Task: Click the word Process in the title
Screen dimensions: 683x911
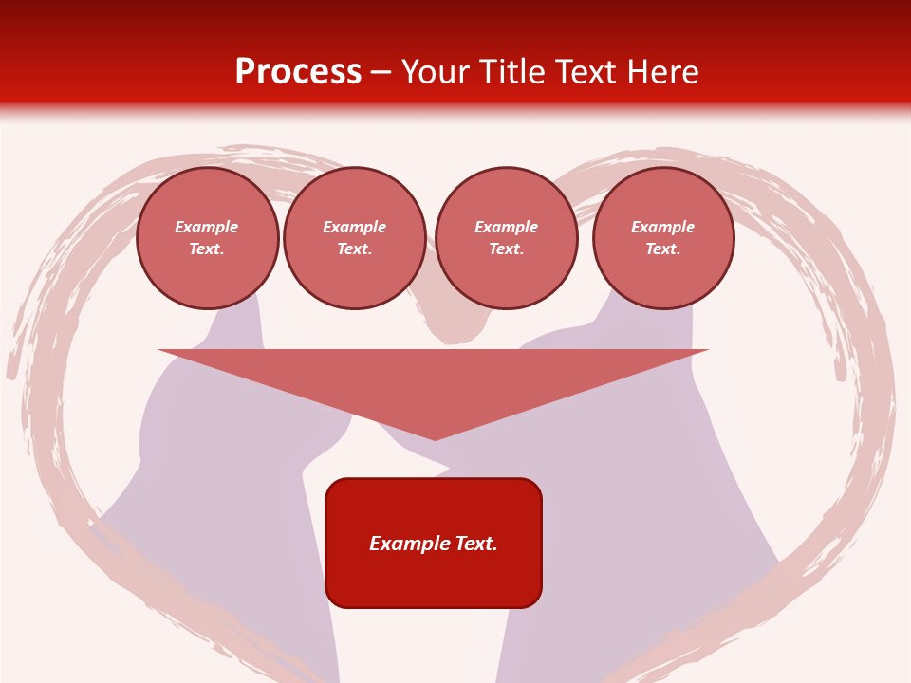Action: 298,72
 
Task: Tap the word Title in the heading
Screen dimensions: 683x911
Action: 516,72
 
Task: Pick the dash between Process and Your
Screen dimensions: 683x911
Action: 381,73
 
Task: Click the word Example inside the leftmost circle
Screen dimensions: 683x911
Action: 207,227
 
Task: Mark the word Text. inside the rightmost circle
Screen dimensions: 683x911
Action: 662,249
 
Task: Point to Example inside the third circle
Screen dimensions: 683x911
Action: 506,227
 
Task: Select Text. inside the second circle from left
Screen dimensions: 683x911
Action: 354,249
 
